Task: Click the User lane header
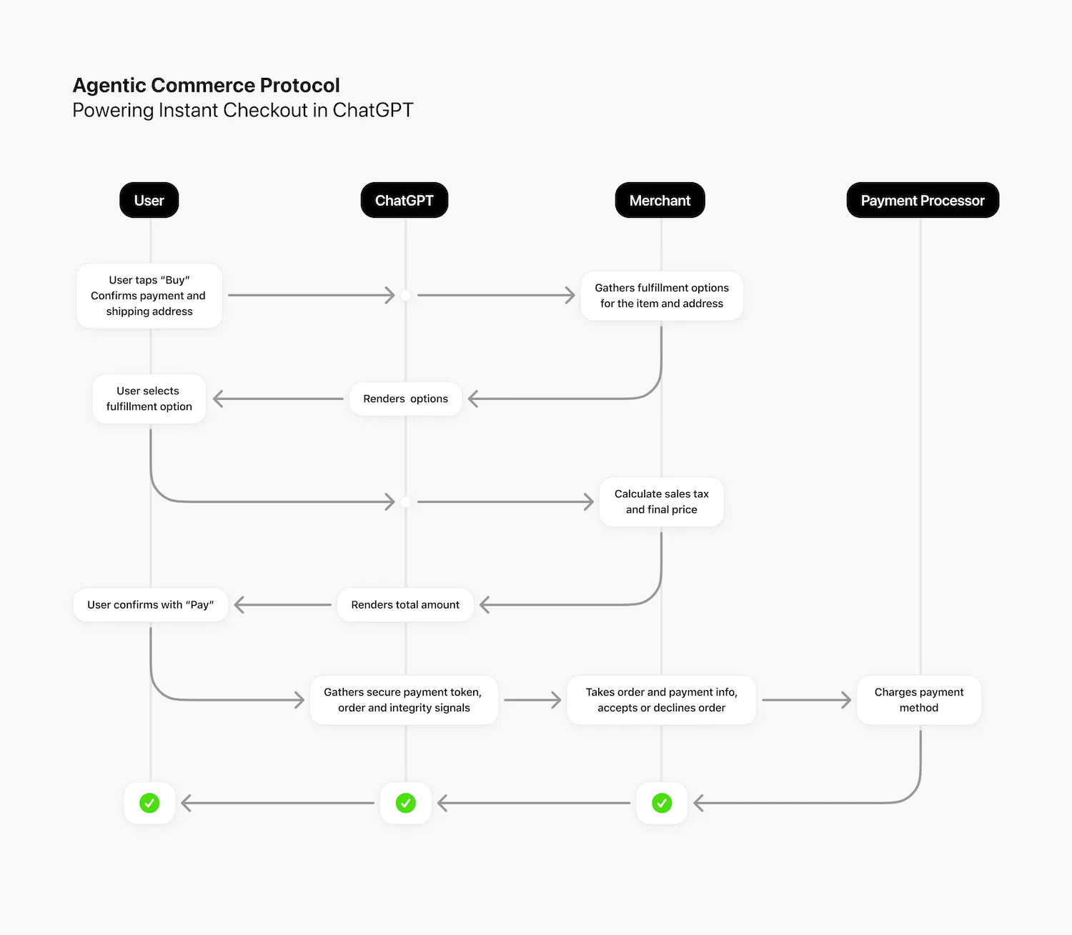149,201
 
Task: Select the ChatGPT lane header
405,201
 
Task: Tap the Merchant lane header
660,201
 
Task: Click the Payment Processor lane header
922,201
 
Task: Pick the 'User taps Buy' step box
149,296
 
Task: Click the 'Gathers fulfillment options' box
662,296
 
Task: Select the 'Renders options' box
405,399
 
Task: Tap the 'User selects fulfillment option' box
149,399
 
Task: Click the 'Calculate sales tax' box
661,501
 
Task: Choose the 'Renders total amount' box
405,605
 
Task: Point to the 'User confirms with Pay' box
150,605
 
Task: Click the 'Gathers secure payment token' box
404,700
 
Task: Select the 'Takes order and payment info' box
661,700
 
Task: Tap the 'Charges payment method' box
919,700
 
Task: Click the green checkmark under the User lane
149,803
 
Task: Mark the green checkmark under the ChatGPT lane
405,803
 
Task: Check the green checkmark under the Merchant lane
662,803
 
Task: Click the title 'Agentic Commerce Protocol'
206,86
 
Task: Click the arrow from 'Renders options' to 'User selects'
279,399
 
